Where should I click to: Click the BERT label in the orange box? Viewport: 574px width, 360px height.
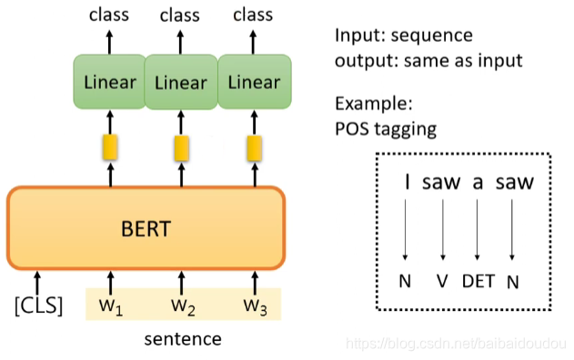click(145, 227)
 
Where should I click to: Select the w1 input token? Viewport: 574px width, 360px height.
click(111, 305)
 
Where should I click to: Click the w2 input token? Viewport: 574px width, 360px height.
click(182, 305)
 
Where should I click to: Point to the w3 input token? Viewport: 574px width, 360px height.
click(254, 305)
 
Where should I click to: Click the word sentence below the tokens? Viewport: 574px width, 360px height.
click(183, 340)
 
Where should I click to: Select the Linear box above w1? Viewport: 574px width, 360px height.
click(109, 83)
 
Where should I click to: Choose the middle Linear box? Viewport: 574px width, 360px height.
click(181, 83)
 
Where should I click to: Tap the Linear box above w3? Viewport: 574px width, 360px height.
click(254, 83)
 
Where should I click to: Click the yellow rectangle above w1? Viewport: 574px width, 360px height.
click(110, 146)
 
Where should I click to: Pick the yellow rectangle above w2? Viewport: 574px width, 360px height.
click(182, 146)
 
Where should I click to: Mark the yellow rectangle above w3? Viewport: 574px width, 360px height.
click(254, 146)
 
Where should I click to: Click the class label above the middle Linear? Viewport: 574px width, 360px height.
click(180, 15)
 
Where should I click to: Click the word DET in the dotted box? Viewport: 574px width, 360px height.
click(478, 281)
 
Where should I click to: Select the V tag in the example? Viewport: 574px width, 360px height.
click(442, 281)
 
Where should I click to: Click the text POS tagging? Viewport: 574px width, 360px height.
click(386, 128)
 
